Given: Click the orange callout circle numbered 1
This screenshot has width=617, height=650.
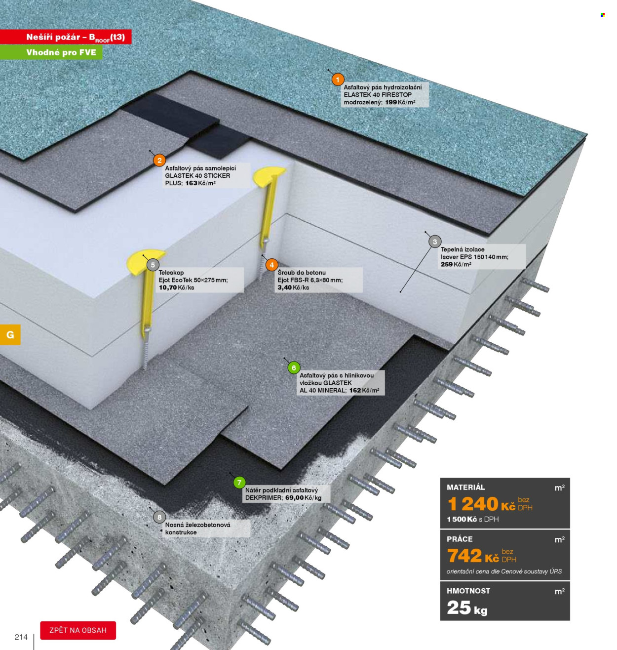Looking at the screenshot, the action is [x=338, y=80].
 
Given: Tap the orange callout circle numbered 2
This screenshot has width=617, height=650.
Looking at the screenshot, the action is [x=159, y=161].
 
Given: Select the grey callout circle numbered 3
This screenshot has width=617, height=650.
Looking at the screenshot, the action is [x=434, y=242].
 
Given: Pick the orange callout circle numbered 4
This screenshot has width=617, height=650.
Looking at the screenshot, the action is [x=271, y=265].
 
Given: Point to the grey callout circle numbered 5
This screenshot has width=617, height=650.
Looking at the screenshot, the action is [x=153, y=265].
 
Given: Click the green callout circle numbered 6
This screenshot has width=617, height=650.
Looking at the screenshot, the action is [x=294, y=367].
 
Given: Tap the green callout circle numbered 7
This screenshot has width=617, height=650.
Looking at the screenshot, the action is [x=239, y=483].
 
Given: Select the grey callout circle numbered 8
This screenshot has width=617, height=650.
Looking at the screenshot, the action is [x=159, y=517].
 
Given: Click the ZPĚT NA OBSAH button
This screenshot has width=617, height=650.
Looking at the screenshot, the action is [x=78, y=630].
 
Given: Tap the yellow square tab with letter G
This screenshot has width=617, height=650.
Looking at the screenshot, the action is [x=10, y=334].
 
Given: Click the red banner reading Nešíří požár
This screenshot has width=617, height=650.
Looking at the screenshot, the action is [x=66, y=37].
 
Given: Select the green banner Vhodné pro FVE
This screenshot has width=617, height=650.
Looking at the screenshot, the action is [x=51, y=52].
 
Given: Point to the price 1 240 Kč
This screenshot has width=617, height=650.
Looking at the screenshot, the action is [x=481, y=504].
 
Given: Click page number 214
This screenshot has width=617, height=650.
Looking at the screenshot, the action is [x=21, y=637].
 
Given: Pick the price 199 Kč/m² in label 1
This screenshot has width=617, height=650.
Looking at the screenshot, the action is [x=400, y=102].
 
